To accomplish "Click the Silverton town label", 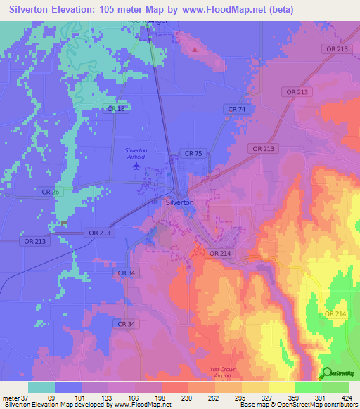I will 179,202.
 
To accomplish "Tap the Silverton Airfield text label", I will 136,154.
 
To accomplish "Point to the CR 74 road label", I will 236,110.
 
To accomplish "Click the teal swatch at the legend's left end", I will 41,387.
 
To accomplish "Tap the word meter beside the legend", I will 10,397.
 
